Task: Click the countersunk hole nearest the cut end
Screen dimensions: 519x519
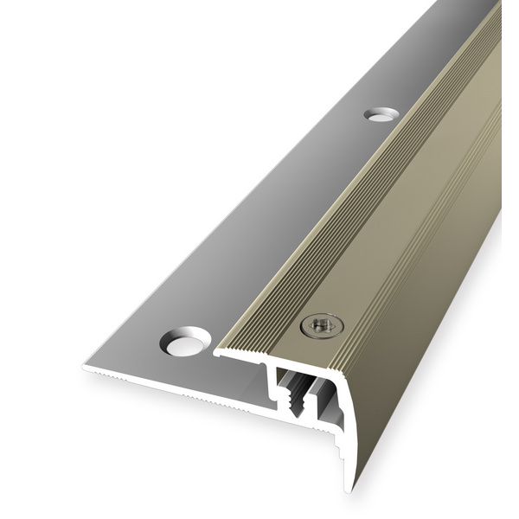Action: [183, 343]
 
